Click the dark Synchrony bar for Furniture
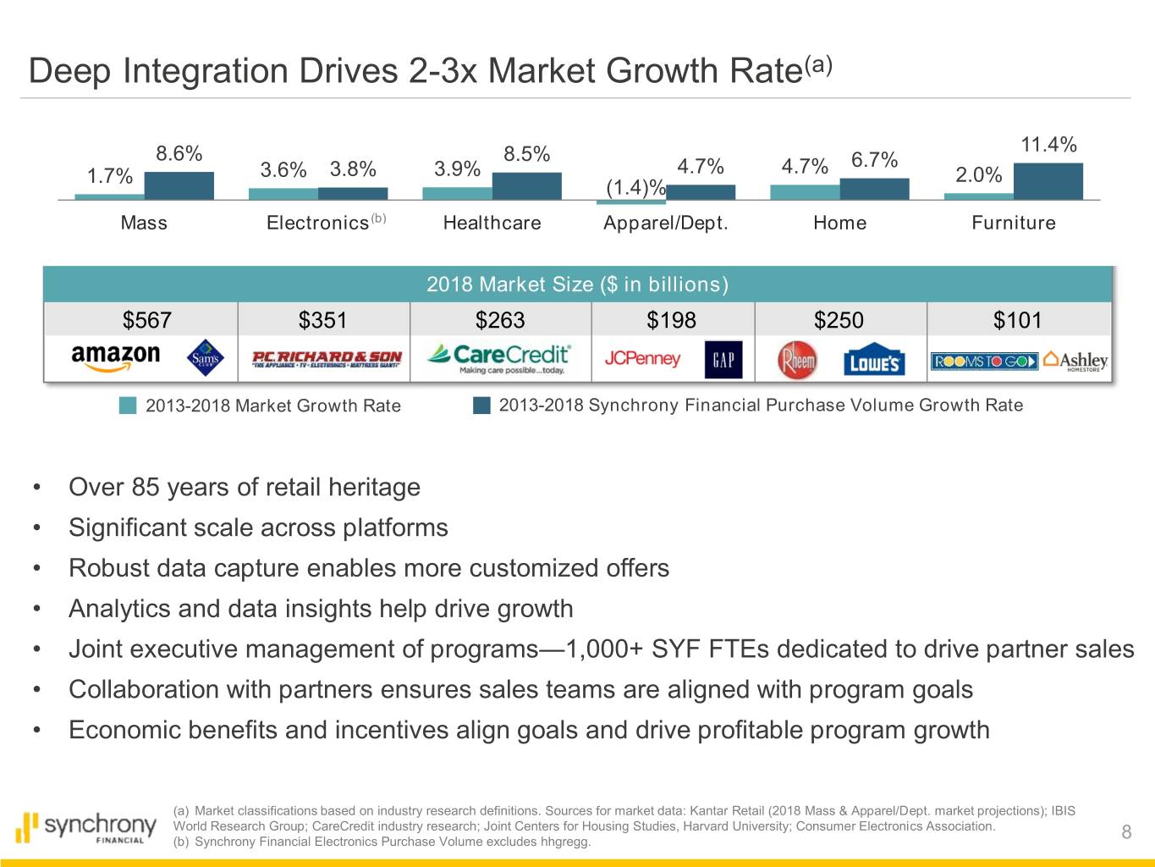coord(1048,181)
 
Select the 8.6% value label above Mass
coord(179,154)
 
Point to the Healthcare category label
coord(492,223)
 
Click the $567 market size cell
coord(146,320)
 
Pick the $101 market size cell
coord(1017,320)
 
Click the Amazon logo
coord(116,357)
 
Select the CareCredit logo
coord(499,358)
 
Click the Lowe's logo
coord(874,362)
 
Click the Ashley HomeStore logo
coord(1075,361)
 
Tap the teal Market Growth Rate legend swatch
coord(128,406)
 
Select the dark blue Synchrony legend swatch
coord(481,406)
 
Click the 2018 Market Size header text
coord(577,284)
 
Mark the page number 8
coord(1126,832)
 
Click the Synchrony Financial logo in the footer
coord(86,828)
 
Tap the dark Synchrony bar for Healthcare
coord(526,186)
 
